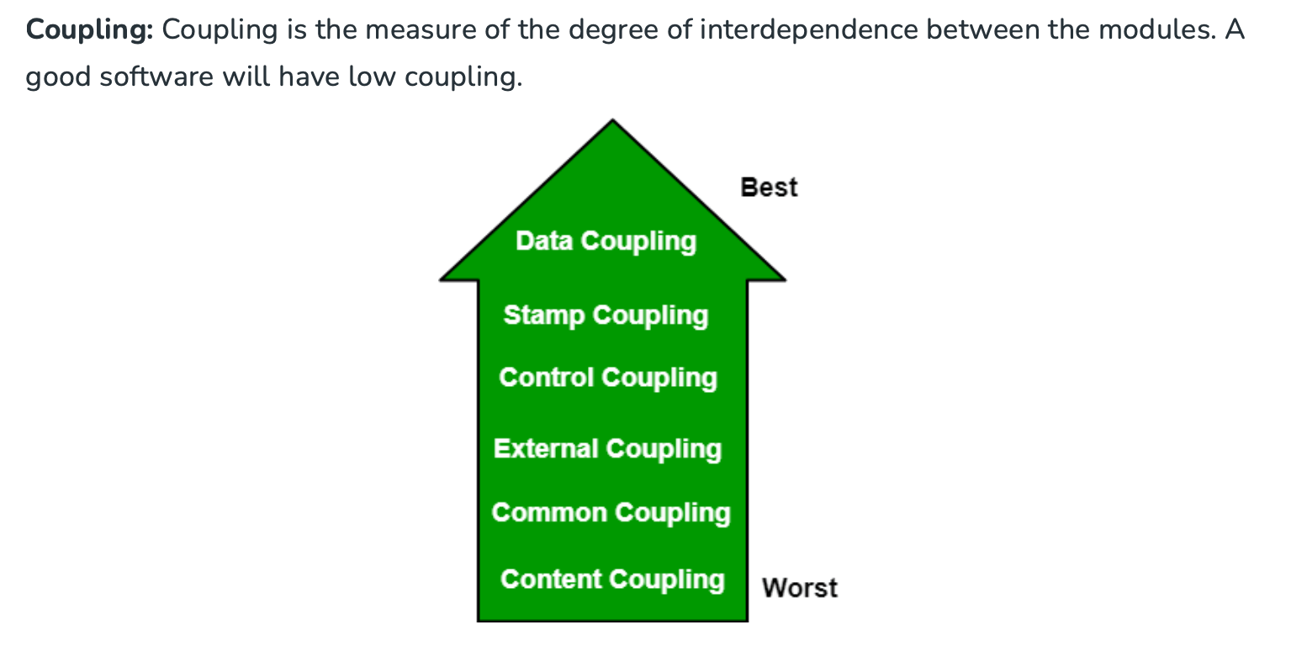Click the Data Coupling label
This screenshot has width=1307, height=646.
[606, 241]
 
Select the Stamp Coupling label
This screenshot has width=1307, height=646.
[606, 315]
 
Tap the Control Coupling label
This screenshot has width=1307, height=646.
[607, 378]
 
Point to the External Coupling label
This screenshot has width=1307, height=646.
[607, 448]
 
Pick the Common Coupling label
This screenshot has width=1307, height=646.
[611, 512]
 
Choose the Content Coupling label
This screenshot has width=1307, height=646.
[611, 580]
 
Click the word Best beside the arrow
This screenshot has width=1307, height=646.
[769, 187]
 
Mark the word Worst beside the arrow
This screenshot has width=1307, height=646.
[799, 587]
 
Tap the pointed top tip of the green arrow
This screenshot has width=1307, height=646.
[612, 123]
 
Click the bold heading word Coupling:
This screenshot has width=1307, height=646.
[89, 31]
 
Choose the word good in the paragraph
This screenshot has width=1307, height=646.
[57, 77]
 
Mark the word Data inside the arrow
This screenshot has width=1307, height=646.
[543, 241]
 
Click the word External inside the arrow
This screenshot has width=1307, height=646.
[546, 448]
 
